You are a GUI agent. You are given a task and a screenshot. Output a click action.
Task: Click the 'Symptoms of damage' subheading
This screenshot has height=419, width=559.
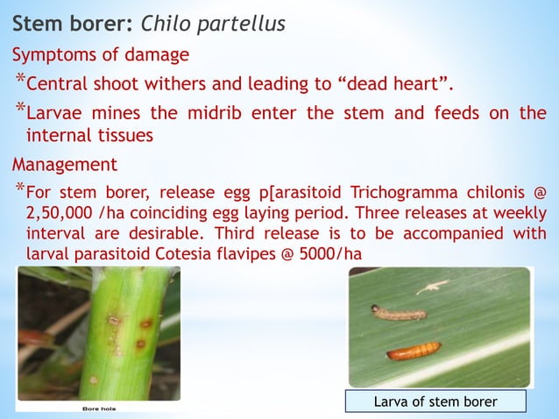pyautogui.click(x=100, y=55)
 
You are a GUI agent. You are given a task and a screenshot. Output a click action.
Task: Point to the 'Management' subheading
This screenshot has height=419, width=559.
pyautogui.click(x=63, y=163)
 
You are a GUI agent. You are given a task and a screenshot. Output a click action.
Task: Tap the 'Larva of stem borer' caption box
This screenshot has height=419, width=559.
pyautogui.click(x=435, y=401)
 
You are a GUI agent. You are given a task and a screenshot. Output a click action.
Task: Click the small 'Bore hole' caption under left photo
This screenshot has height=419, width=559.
pyautogui.click(x=101, y=408)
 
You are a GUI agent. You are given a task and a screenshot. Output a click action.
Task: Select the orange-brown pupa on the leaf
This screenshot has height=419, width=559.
pyautogui.click(x=415, y=351)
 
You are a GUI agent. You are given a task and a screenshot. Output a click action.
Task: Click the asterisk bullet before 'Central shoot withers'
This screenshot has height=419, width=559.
pyautogui.click(x=18, y=82)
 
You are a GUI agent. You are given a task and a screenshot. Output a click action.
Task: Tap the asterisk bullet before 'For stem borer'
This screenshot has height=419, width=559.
pyautogui.click(x=18, y=190)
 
